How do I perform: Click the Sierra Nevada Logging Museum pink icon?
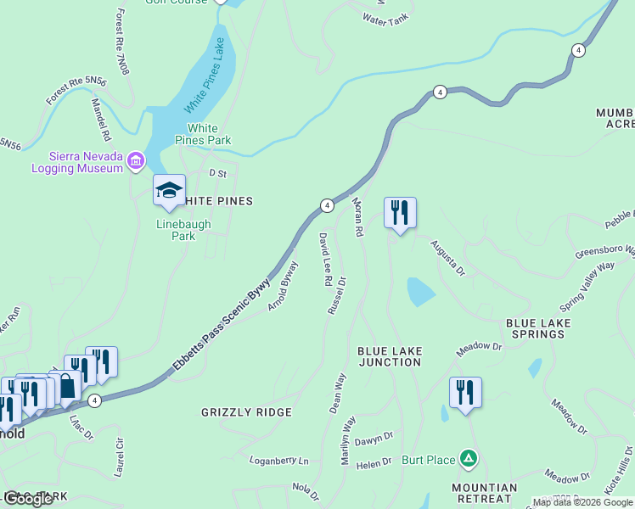(135, 160)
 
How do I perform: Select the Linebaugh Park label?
(183, 230)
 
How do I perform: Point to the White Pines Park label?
(203, 134)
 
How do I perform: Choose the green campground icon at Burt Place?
(467, 459)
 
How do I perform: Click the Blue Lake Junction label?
(389, 356)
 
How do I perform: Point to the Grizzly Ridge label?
(246, 412)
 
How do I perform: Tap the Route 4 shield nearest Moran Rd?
(327, 205)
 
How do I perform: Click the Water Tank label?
(385, 18)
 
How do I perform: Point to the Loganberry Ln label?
(278, 461)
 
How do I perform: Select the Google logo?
(28, 498)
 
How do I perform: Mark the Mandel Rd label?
(101, 120)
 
